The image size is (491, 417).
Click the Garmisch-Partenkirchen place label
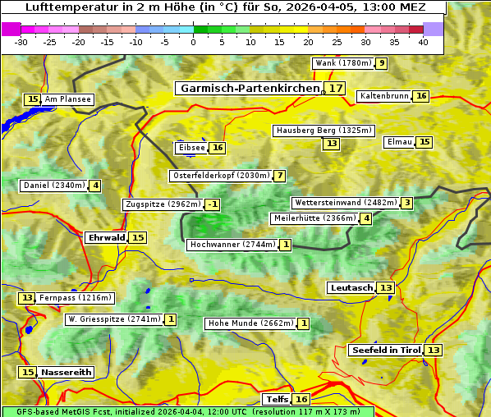(x=248, y=88)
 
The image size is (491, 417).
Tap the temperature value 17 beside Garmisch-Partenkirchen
(x=334, y=88)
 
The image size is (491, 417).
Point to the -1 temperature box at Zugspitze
(x=212, y=204)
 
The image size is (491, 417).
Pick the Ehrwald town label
(x=106, y=237)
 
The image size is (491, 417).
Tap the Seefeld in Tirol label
(x=385, y=350)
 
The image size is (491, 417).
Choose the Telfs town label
(x=277, y=400)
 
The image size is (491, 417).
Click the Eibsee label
(x=190, y=148)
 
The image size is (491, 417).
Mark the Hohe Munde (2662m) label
(x=250, y=323)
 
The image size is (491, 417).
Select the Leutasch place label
(x=351, y=287)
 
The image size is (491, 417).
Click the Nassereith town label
(x=66, y=372)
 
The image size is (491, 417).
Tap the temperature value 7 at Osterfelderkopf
(x=280, y=176)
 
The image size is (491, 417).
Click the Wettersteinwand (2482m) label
(x=345, y=203)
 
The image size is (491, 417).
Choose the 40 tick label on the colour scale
(x=423, y=41)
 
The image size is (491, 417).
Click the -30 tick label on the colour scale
(x=21, y=41)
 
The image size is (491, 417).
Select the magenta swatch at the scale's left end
(x=11, y=29)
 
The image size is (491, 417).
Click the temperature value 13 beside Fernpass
(x=27, y=298)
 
